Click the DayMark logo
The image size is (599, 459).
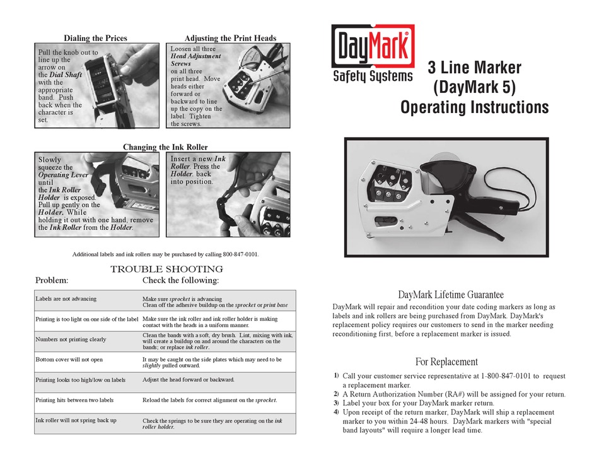click(373, 54)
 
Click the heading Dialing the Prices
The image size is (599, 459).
click(95, 39)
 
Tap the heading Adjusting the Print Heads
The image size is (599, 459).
click(230, 39)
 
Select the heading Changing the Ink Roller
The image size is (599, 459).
click(165, 147)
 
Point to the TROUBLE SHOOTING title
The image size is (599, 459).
click(167, 270)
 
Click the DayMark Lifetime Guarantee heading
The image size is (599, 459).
click(451, 295)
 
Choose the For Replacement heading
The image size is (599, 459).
click(446, 362)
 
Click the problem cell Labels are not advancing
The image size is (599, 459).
click(66, 299)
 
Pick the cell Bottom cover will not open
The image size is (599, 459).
click(69, 359)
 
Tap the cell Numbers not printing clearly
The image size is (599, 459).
click(71, 339)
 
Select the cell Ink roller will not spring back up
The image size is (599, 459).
click(76, 420)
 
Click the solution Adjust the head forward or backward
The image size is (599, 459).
click(189, 380)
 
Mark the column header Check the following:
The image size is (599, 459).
click(181, 280)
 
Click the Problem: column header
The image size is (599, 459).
click(52, 280)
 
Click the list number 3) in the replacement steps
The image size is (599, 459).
click(336, 403)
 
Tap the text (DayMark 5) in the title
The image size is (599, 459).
click(474, 87)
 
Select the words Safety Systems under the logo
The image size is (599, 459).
click(373, 76)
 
